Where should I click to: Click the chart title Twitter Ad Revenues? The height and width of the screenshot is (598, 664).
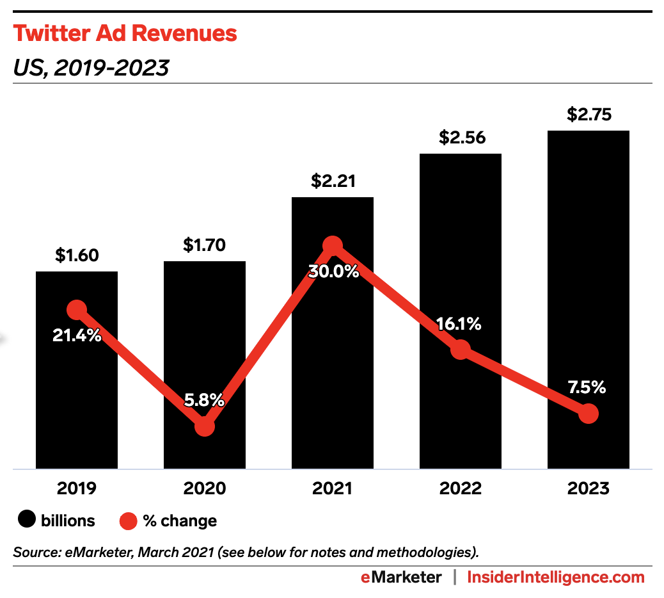click(125, 33)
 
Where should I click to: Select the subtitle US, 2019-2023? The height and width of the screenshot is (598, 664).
click(91, 67)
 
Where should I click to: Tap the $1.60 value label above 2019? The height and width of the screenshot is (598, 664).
click(77, 256)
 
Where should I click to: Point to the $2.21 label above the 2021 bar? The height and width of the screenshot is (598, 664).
click(333, 181)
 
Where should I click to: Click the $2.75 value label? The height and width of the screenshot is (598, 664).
click(589, 115)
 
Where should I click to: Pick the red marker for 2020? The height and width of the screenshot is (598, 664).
click(204, 426)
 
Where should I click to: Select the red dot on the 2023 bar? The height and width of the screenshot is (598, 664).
click(588, 414)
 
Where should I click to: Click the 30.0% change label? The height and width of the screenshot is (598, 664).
click(333, 271)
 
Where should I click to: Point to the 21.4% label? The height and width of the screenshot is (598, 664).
click(77, 334)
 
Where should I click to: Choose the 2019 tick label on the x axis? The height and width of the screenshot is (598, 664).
click(77, 489)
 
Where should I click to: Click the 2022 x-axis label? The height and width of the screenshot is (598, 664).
click(461, 489)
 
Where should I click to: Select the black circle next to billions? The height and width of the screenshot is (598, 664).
click(26, 521)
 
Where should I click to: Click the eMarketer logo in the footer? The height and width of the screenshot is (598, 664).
click(400, 578)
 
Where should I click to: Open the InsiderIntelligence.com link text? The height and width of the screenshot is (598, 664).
click(556, 578)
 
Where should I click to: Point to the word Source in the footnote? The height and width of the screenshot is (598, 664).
click(32, 551)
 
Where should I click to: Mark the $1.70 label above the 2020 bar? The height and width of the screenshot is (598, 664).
click(205, 245)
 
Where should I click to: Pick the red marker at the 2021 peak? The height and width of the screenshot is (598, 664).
click(333, 246)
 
